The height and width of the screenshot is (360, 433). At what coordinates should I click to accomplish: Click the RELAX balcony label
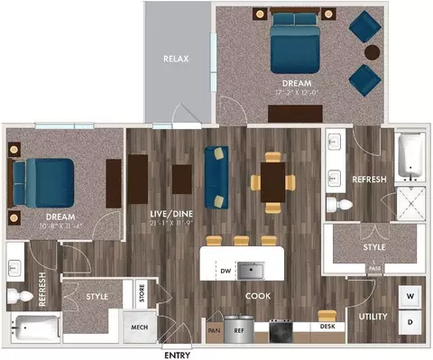click(176, 59)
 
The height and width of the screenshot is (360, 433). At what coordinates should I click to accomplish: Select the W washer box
click(410, 296)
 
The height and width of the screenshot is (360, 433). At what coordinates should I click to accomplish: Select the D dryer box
click(410, 322)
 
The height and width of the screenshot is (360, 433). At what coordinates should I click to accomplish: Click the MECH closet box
click(139, 327)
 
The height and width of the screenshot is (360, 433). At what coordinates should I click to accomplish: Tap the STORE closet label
click(143, 293)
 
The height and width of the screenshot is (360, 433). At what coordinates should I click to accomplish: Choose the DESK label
click(327, 328)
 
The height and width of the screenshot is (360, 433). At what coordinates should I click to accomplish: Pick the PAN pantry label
click(214, 331)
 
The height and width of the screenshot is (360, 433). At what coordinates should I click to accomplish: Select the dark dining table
click(273, 180)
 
